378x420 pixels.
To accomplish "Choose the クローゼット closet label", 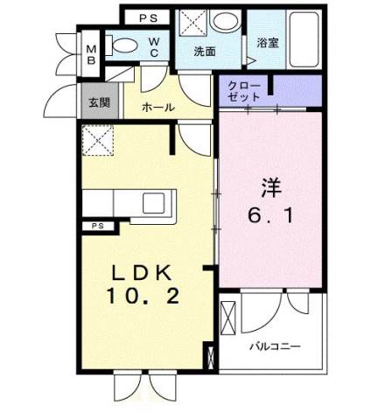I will [241, 90].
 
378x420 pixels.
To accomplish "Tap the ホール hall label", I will [157, 108].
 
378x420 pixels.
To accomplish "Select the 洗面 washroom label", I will [206, 51].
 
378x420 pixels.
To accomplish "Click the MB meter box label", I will [91, 54].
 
